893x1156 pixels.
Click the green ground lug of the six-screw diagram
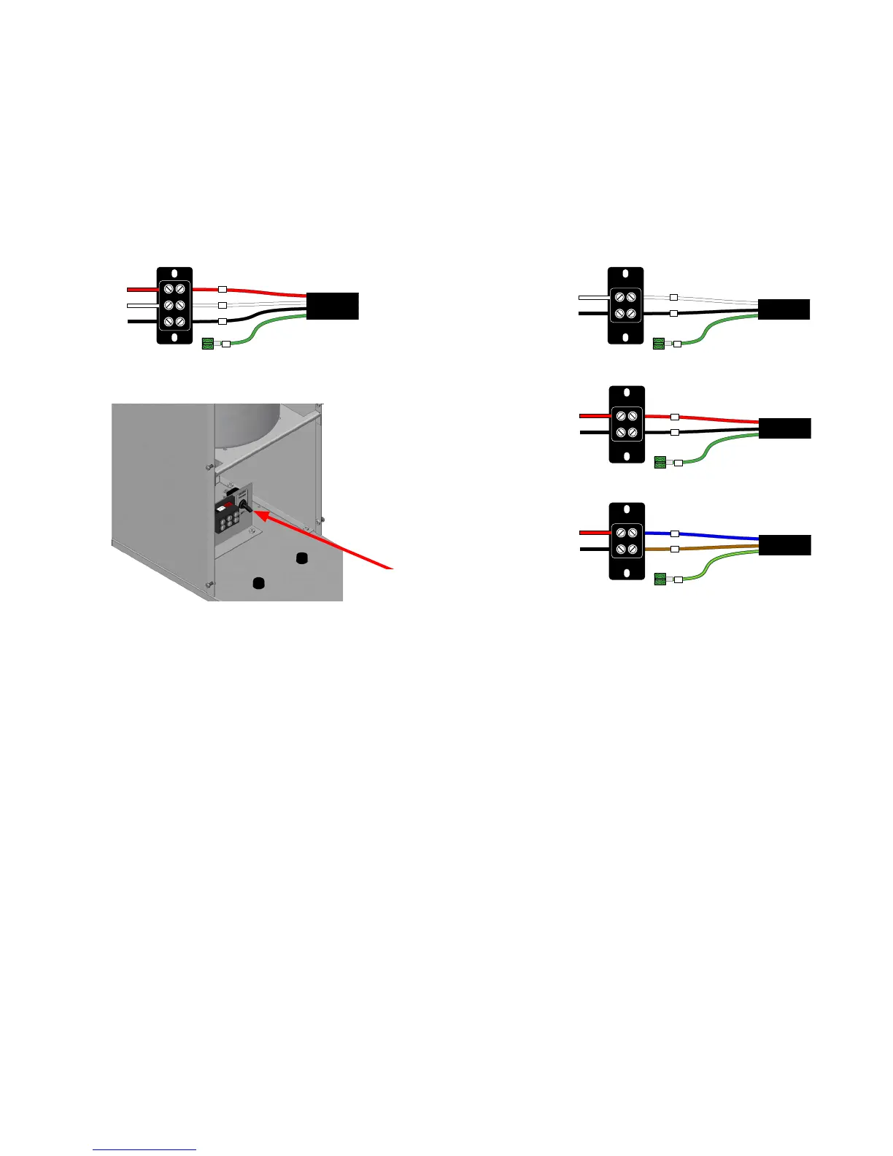point(206,343)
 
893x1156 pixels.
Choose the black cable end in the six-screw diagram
point(333,305)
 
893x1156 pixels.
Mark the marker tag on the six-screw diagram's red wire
point(223,289)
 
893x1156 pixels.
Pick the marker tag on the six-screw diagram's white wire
point(223,305)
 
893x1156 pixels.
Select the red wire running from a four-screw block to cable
point(719,419)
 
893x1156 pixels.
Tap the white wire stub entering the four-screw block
point(592,297)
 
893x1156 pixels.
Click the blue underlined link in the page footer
point(144,1149)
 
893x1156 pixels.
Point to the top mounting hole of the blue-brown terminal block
point(627,511)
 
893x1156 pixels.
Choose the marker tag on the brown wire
point(675,548)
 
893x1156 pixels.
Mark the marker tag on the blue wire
point(675,534)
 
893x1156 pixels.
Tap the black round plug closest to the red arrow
point(300,558)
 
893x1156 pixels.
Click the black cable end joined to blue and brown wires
point(785,545)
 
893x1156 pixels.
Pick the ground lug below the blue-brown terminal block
point(660,580)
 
